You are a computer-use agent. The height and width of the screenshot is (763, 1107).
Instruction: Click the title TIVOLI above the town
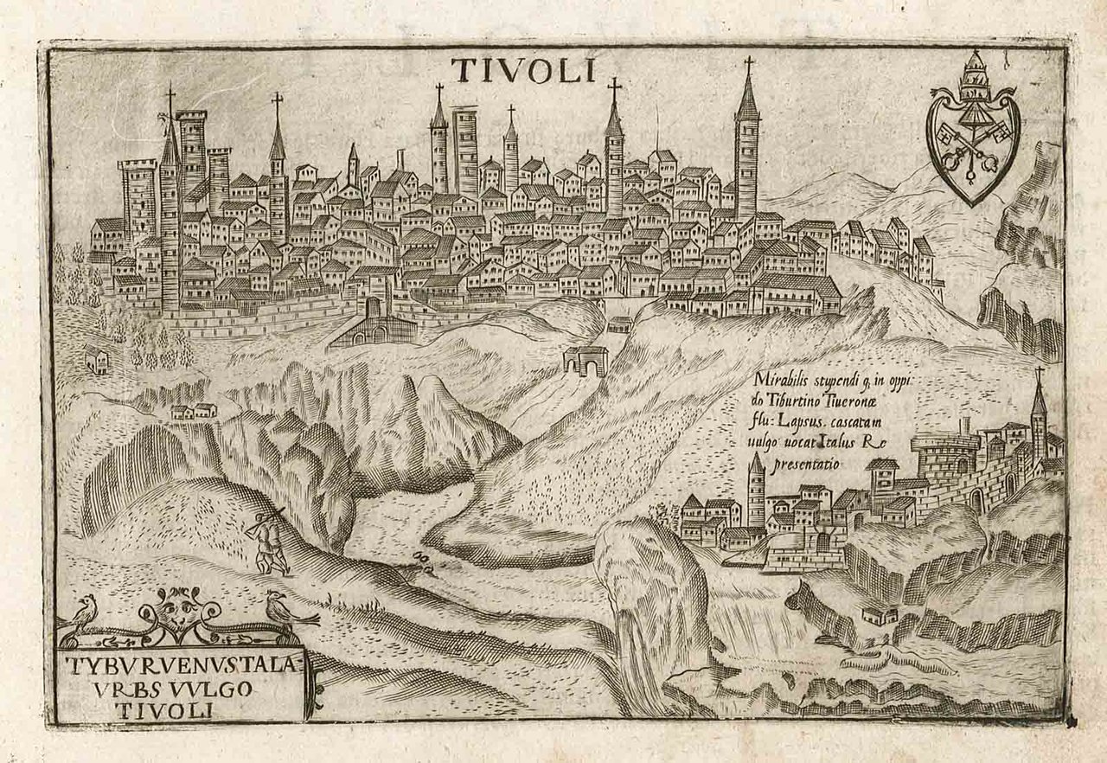523,71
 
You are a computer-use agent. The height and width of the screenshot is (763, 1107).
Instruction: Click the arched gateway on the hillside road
586,360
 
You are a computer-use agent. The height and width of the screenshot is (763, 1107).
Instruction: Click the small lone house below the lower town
880,615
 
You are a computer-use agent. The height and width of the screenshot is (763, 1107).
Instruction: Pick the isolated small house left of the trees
95,357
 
